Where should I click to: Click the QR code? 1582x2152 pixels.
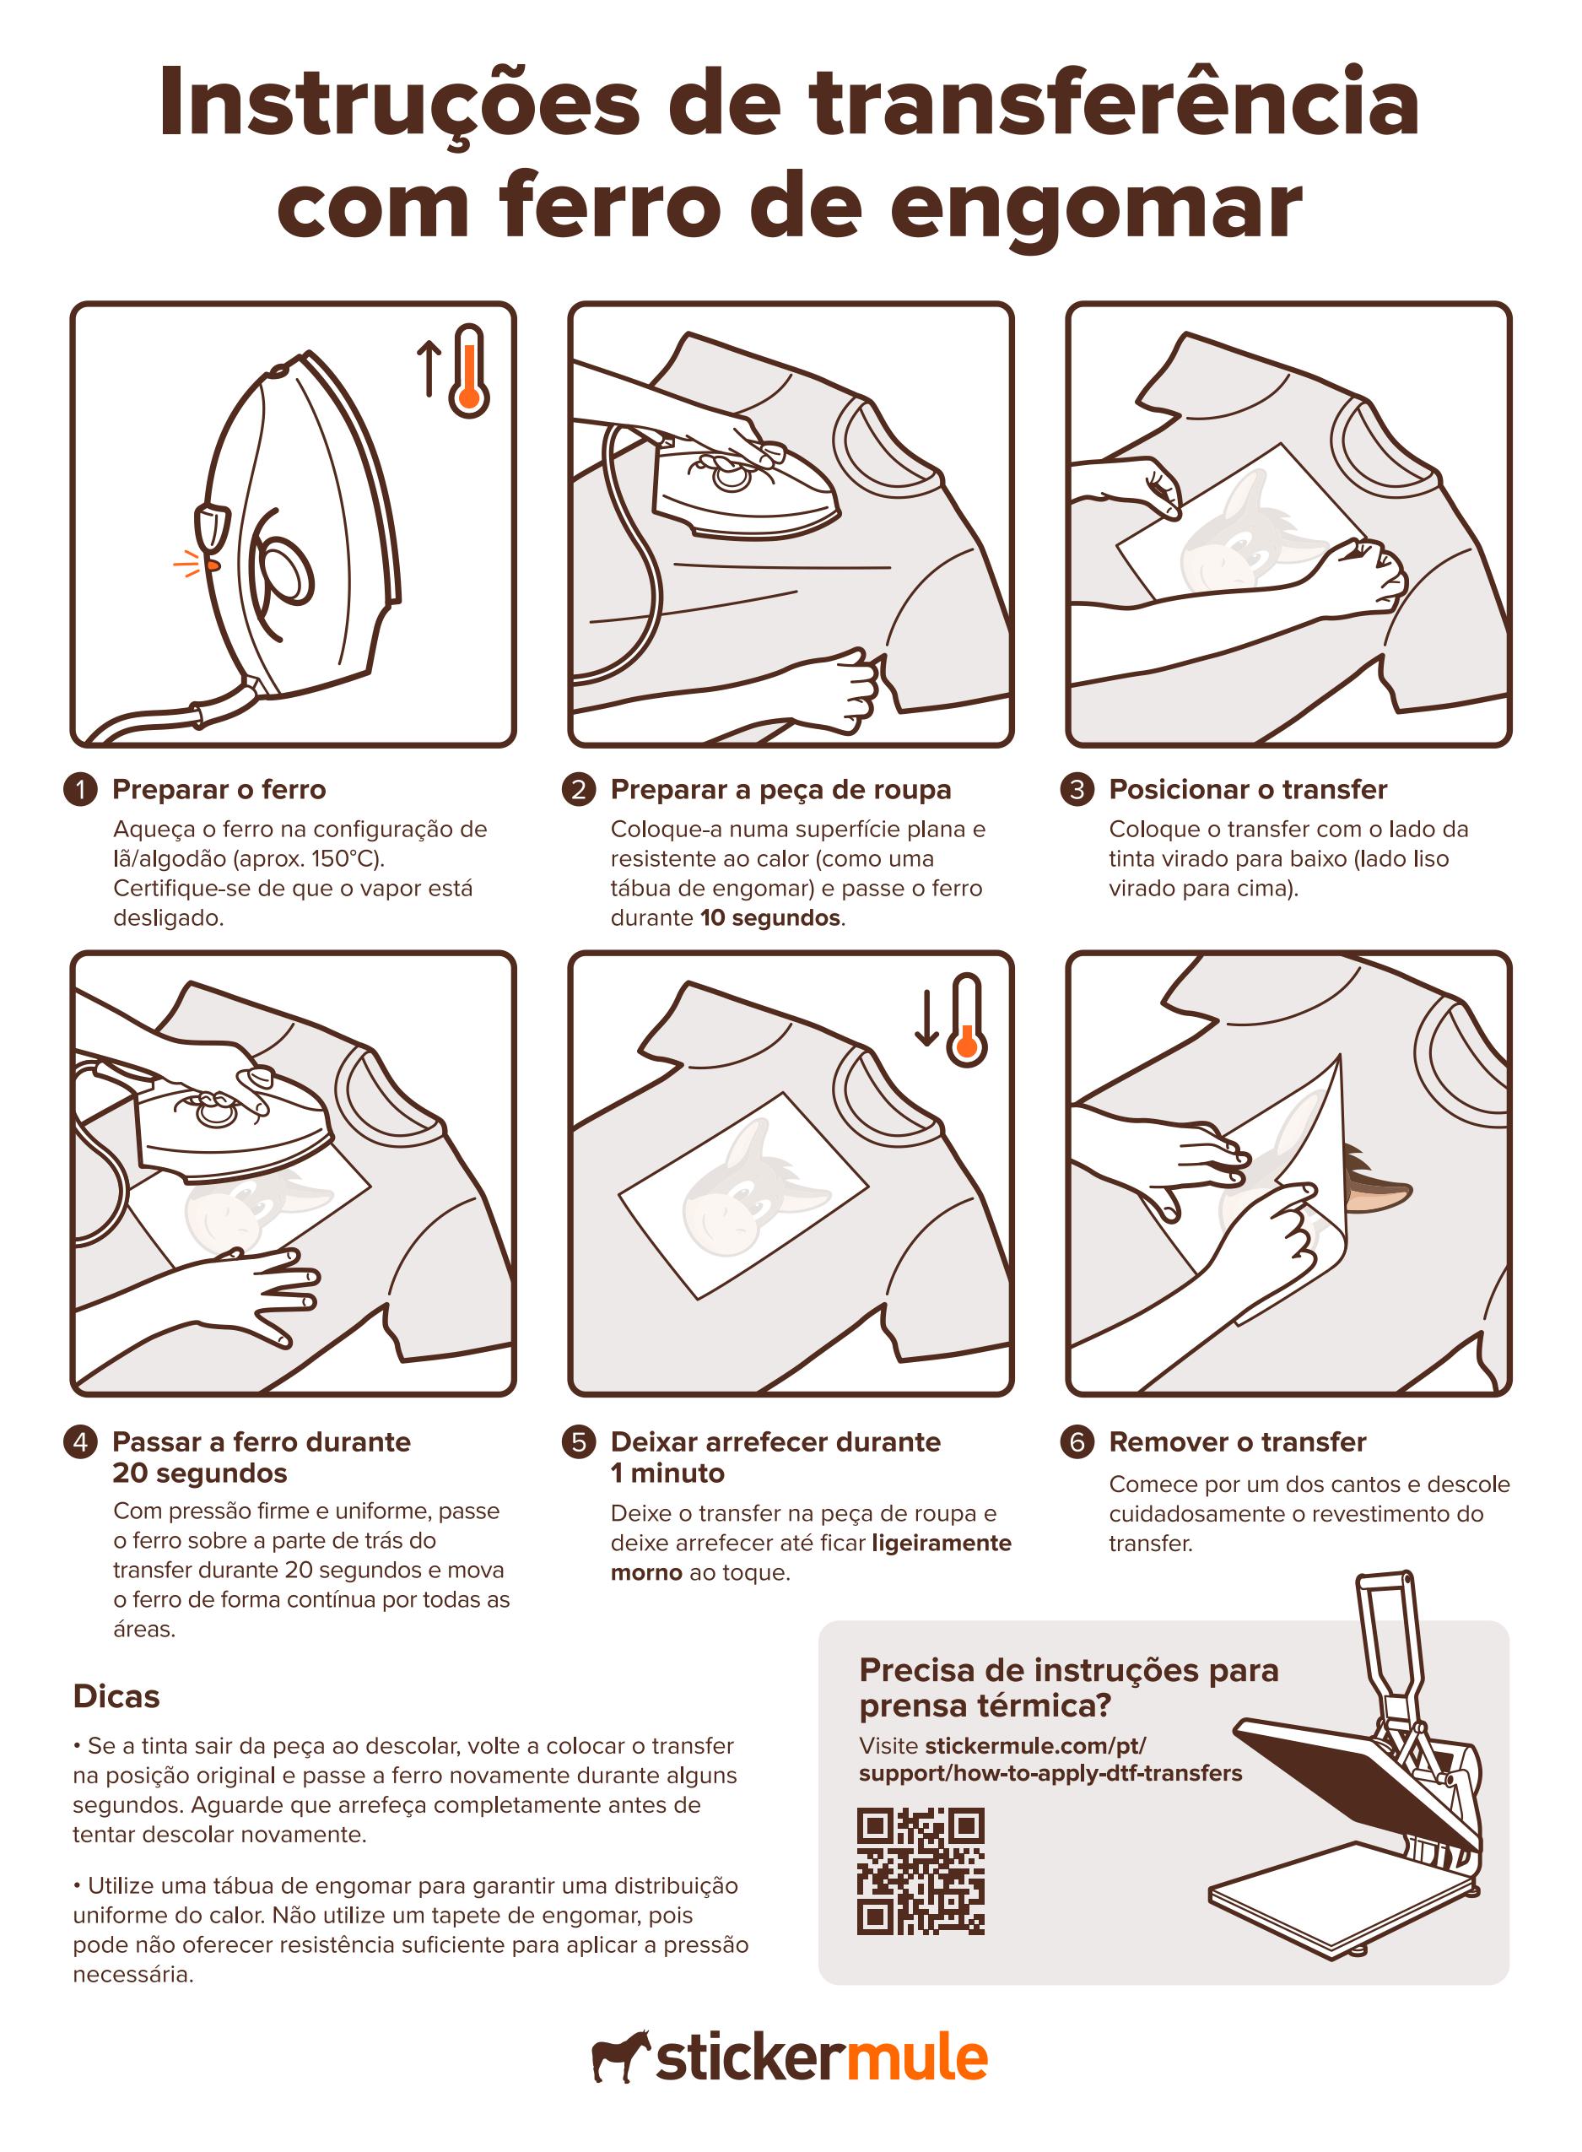(x=921, y=1871)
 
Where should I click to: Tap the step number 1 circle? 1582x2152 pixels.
(x=80, y=790)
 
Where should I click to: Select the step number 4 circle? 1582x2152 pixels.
(x=80, y=1442)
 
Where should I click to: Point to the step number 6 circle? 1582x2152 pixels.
(x=1077, y=1442)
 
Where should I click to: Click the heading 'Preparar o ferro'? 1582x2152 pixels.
(x=219, y=790)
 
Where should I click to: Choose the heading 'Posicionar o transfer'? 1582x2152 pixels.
(x=1248, y=790)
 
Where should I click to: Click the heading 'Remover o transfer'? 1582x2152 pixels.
(x=1237, y=1442)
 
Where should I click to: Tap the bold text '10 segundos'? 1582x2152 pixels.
(x=770, y=917)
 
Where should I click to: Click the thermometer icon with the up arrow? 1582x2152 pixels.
(x=454, y=371)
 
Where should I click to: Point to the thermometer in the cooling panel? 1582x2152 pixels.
(x=966, y=1021)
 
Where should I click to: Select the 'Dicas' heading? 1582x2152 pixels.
(x=116, y=1697)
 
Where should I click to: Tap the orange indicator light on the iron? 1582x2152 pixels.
(x=213, y=565)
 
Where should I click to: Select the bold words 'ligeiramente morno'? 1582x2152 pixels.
(x=811, y=1557)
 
